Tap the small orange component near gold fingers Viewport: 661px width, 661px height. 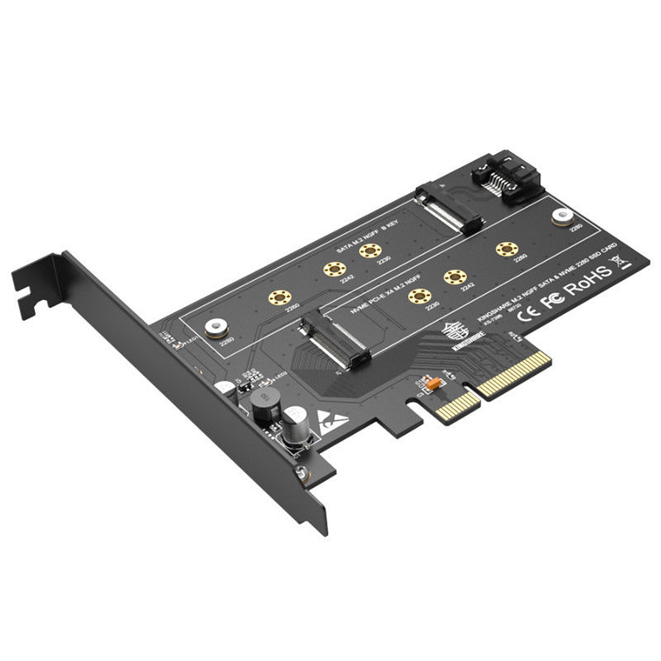429,383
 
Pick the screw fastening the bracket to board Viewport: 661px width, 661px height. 300,471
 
